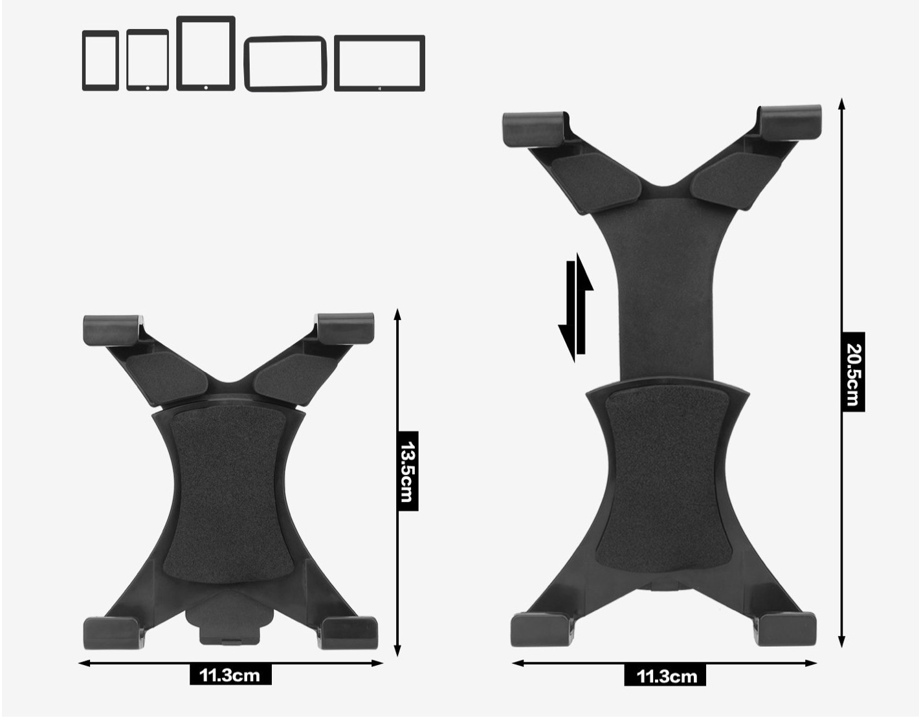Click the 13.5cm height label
408,471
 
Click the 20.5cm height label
852,372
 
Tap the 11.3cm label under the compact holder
230,675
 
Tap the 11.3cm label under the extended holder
665,675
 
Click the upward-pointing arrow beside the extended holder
582,304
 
